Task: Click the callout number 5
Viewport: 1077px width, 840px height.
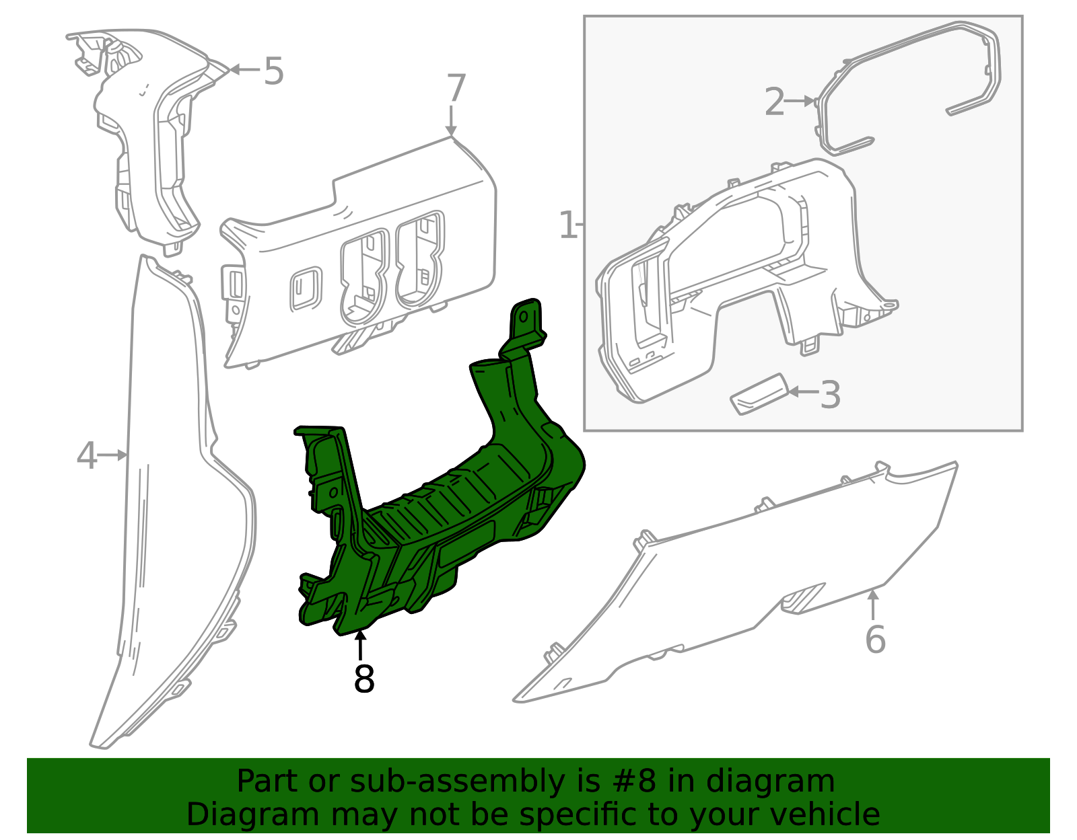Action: (273, 71)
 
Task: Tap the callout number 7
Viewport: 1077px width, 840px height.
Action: (456, 88)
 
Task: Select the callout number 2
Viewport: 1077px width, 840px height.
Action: (775, 102)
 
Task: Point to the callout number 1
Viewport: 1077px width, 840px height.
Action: (567, 225)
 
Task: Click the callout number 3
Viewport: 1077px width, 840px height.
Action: (830, 395)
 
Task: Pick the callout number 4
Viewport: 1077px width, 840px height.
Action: (87, 455)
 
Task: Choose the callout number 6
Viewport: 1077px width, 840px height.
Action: (875, 640)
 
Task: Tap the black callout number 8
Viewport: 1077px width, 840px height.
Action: (363, 679)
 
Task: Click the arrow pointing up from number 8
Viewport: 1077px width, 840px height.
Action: (360, 646)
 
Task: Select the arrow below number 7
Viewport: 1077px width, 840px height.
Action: (450, 120)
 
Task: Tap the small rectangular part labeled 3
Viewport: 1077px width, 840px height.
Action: (759, 394)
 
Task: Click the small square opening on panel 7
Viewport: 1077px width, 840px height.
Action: (306, 289)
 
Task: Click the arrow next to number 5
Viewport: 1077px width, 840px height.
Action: (245, 69)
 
